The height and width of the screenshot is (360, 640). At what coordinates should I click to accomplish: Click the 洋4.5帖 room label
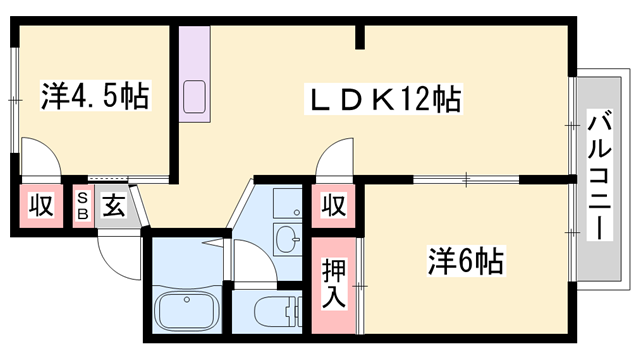[94, 97]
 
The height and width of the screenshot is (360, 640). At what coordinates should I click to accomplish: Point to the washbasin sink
[287, 239]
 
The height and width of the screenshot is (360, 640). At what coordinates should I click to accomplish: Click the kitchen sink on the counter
[195, 98]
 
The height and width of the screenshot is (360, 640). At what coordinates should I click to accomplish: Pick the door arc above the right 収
[331, 160]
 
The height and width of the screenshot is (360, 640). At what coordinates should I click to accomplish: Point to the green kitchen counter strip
[195, 75]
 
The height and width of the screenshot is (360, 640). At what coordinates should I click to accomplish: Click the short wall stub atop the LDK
[361, 38]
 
